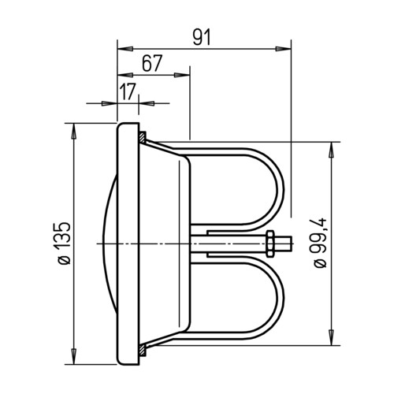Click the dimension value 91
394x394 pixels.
pos(202,37)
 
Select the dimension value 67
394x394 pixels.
pos(152,63)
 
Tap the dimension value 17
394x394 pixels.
pos(128,91)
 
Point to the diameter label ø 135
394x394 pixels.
pos(65,243)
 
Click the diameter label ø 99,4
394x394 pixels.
pos(320,243)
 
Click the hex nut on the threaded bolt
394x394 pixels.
pos(270,243)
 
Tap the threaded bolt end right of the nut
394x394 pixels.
pos(284,243)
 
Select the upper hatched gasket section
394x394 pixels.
pos(142,137)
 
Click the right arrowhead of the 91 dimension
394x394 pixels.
pos(283,49)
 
